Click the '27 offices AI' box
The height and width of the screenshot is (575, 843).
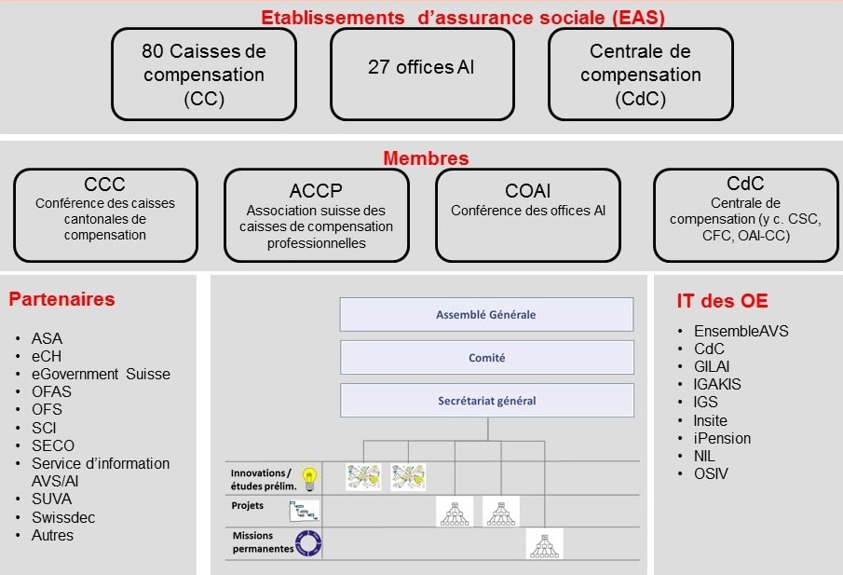point(422,75)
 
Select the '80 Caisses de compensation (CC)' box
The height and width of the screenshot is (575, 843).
point(204,75)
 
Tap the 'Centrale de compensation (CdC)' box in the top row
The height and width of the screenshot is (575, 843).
point(640,75)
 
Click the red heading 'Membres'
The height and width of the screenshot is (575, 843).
point(426,158)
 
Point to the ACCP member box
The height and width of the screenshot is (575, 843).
point(317,215)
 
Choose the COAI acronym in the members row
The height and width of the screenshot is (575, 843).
point(527,191)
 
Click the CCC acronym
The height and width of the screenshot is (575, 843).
point(105,185)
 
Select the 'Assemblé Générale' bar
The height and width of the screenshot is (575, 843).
point(486,315)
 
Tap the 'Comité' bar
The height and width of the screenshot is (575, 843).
point(487,358)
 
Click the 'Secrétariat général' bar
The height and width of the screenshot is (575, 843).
point(487,401)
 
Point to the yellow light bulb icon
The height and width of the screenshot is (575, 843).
point(309,479)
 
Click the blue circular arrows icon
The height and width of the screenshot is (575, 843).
point(308,542)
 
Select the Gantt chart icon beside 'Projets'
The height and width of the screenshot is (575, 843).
point(304,511)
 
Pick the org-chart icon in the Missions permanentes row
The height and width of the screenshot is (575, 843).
point(545,544)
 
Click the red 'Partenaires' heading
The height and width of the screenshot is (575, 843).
point(61,299)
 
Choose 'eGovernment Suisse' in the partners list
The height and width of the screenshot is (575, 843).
point(102,374)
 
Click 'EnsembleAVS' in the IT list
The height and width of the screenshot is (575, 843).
point(741,331)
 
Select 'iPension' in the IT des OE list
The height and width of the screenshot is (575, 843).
point(722,438)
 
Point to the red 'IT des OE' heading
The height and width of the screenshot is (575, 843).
point(722,301)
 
